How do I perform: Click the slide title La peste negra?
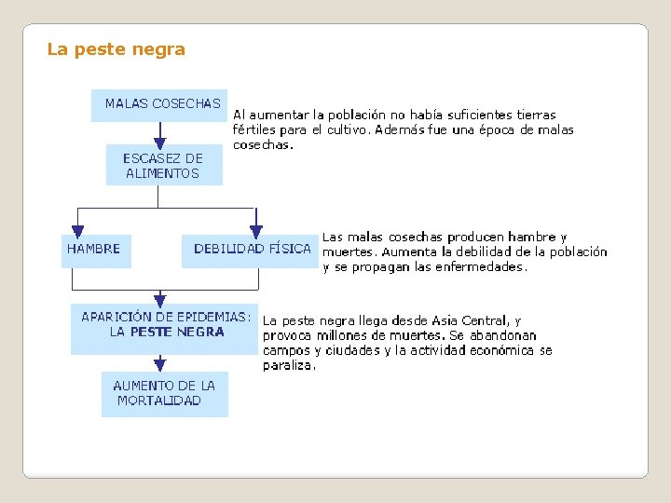[x=116, y=49]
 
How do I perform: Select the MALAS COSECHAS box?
[x=159, y=105]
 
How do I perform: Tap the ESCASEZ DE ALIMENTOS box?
[x=164, y=165]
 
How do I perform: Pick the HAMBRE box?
[x=96, y=250]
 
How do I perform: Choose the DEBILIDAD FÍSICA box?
[x=251, y=250]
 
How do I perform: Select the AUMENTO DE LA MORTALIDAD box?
[x=163, y=393]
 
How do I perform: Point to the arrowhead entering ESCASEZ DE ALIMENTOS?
[x=160, y=142]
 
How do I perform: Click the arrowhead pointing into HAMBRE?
[x=78, y=229]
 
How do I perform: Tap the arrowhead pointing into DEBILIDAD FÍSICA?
[x=256, y=229]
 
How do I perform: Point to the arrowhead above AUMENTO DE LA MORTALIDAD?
[x=160, y=364]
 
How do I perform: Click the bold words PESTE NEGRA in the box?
[x=177, y=332]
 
